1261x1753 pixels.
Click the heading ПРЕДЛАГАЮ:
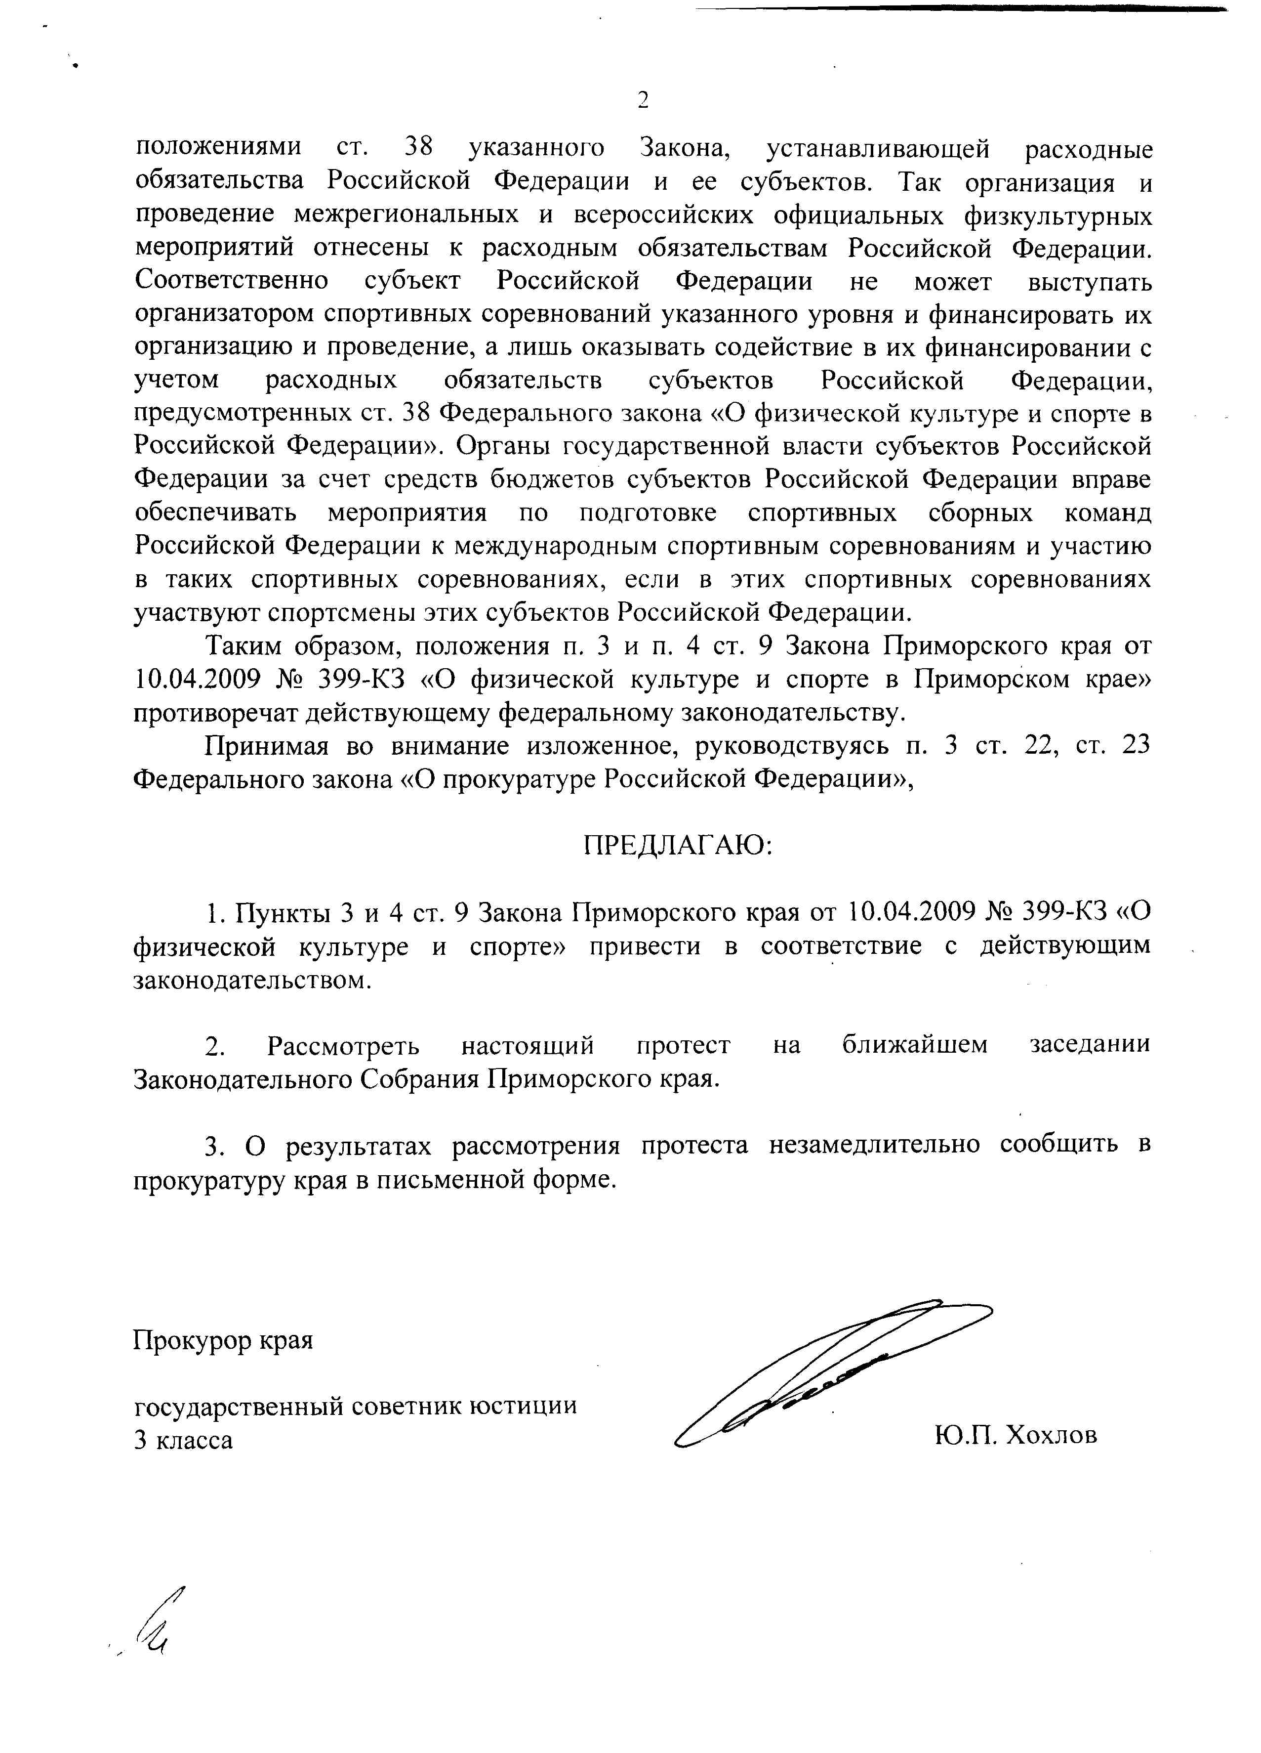[678, 846]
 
